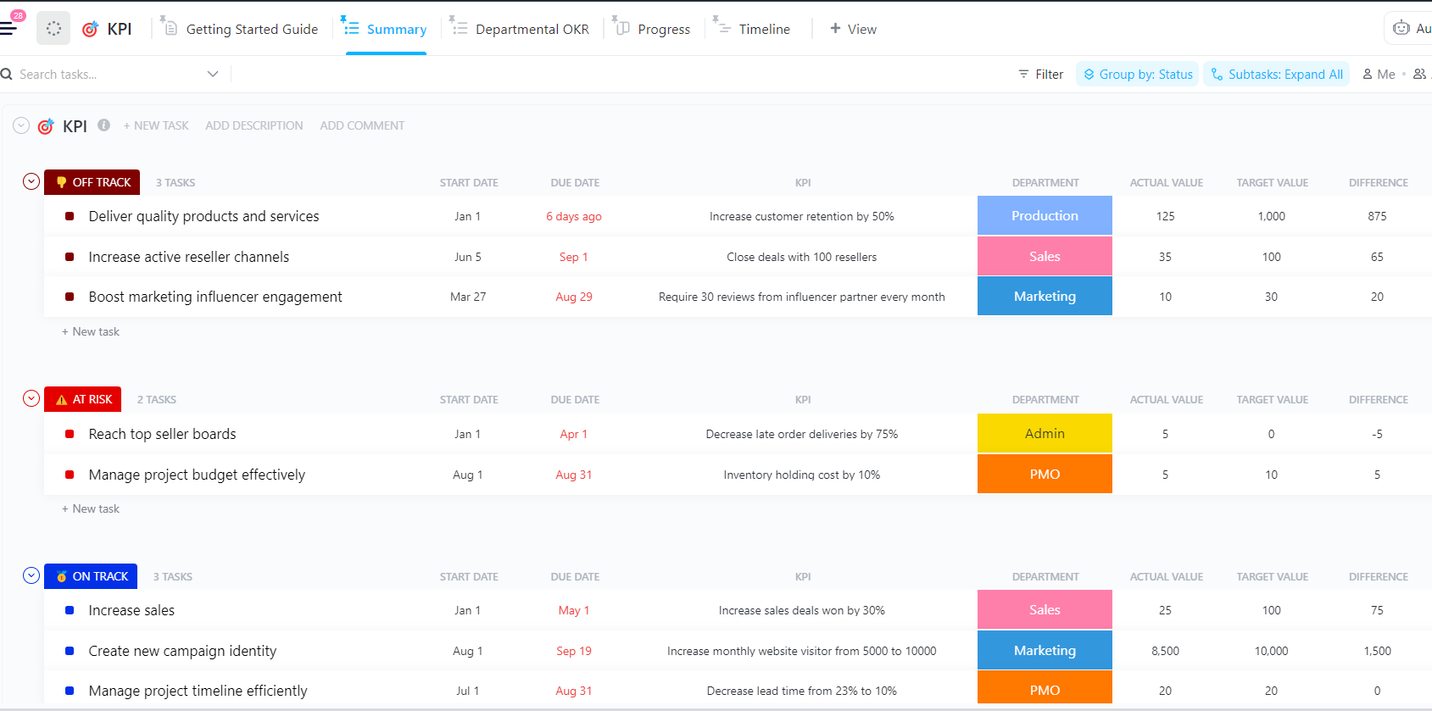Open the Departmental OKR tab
coord(532,29)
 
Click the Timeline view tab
coord(763,29)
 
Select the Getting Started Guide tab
coord(251,29)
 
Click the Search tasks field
coord(102,75)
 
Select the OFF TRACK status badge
coord(92,182)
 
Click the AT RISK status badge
coord(83,399)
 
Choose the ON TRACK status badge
coord(91,576)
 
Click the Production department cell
coord(1045,216)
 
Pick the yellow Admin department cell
coord(1045,434)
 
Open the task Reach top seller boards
coord(162,434)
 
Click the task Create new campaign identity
coord(182,651)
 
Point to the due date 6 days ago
coord(574,216)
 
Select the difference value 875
coord(1377,216)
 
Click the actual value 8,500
coord(1165,651)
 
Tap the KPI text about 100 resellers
coord(801,257)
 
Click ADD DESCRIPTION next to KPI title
coord(254,125)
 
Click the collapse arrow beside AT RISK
coord(31,398)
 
